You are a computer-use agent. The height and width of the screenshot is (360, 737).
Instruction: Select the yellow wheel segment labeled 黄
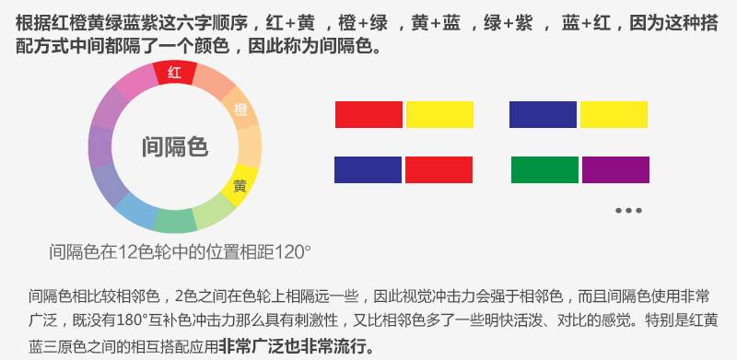pos(240,184)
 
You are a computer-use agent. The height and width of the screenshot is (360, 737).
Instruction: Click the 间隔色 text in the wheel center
pos(174,145)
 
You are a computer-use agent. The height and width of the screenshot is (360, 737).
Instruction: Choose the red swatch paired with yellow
pos(368,113)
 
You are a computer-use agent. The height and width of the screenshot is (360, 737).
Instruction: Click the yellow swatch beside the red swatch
pos(439,113)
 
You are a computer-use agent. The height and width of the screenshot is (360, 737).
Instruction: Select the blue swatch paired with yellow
pos(543,113)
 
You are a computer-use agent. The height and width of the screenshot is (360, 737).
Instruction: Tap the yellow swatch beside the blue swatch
pos(614,113)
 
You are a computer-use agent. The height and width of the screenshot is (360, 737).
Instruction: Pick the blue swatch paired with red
pos(368,169)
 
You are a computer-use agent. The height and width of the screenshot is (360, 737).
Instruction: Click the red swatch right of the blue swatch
pos(439,169)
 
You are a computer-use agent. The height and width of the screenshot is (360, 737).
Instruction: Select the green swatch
pos(544,169)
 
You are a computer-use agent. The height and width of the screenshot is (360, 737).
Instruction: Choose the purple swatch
pos(614,169)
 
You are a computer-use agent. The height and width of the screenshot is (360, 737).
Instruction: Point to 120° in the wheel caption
pos(293,250)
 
